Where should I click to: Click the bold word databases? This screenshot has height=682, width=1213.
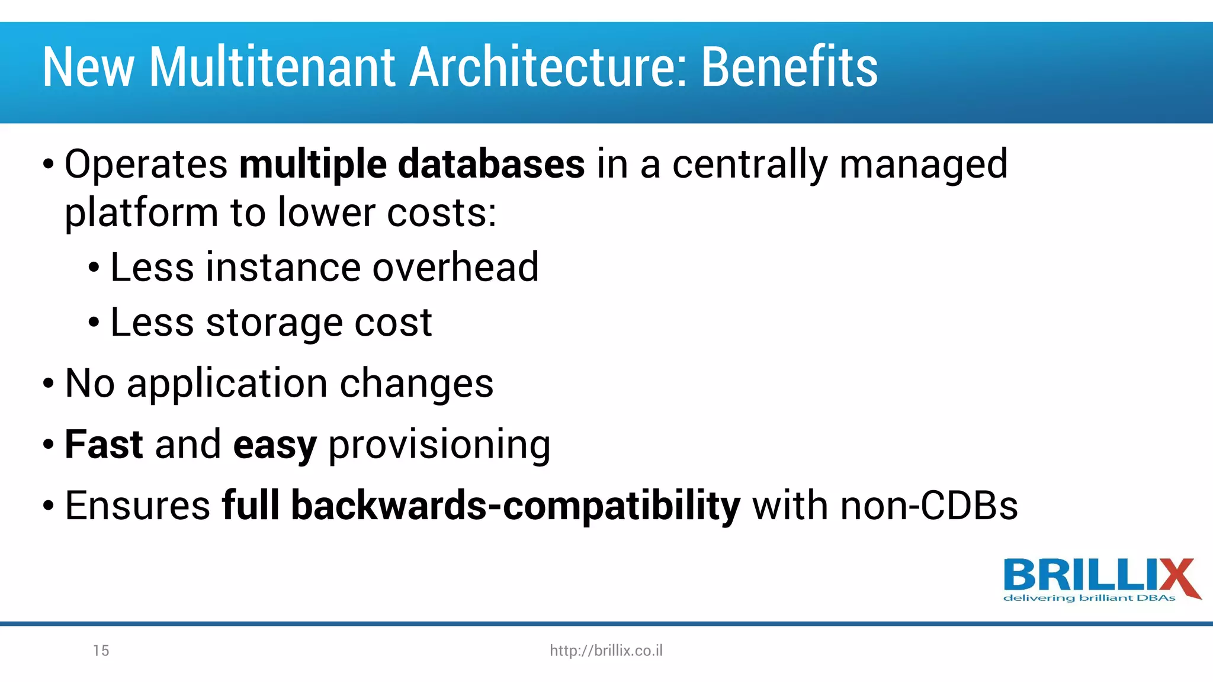click(491, 164)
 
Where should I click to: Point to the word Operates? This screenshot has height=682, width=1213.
click(146, 164)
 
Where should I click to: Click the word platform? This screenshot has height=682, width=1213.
click(142, 213)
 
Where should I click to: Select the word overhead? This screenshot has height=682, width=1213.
click(455, 268)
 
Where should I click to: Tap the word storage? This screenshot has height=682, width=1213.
click(274, 323)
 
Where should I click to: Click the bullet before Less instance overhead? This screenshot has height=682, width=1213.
click(94, 268)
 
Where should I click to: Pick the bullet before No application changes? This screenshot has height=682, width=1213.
click(48, 384)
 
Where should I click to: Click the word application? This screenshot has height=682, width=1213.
click(227, 384)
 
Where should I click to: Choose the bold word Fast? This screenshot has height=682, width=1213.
click(104, 445)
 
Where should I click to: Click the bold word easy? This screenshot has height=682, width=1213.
click(275, 446)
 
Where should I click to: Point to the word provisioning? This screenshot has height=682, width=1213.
click(439, 446)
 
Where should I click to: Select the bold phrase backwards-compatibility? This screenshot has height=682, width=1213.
click(515, 506)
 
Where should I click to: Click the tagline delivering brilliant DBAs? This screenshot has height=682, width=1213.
click(1089, 599)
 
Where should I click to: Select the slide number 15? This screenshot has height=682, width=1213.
click(101, 651)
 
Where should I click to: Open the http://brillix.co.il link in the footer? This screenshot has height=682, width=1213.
click(606, 651)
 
